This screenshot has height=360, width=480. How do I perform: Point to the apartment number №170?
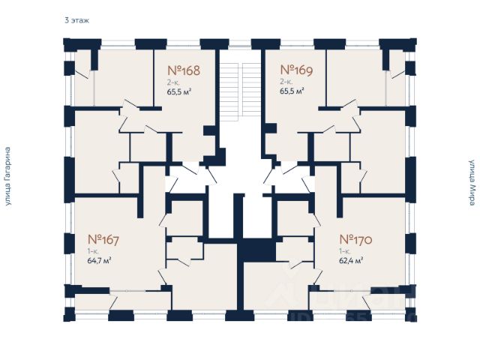click(356, 241)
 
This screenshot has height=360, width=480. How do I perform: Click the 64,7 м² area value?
click(100, 261)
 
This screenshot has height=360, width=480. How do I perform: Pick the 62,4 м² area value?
click(351, 261)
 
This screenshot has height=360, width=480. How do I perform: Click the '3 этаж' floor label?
click(76, 21)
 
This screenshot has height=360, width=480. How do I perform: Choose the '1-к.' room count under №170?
click(345, 251)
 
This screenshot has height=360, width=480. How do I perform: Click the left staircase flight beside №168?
click(229, 90)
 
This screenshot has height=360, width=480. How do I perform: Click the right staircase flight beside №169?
click(251, 90)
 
